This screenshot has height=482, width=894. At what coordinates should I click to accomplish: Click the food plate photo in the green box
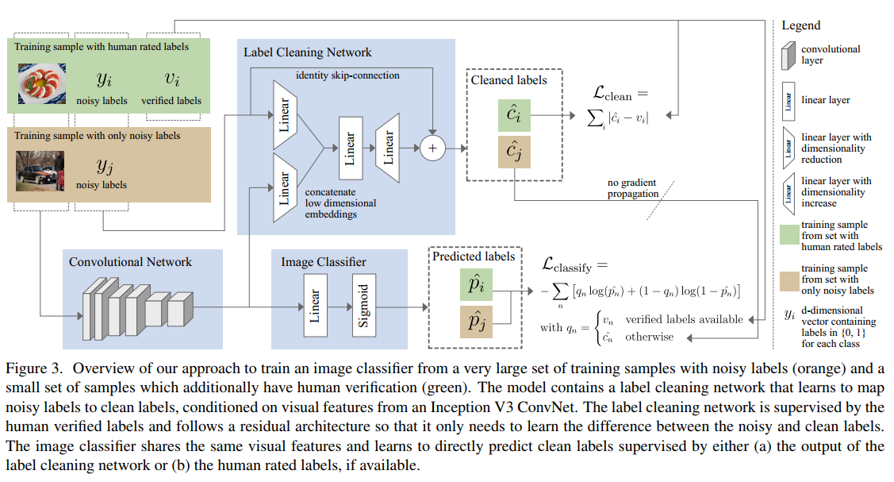coord(40,85)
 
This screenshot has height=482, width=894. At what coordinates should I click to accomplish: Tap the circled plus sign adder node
coord(432,148)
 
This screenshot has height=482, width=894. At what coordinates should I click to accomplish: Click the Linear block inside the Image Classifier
coord(314,303)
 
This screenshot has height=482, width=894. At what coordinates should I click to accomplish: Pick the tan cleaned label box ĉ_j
coord(513,152)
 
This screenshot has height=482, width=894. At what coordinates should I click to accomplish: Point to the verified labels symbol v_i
coord(171,79)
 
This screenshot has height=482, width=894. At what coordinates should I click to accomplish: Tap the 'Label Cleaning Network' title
coord(307,52)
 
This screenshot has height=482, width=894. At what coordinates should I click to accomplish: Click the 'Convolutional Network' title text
coord(130,261)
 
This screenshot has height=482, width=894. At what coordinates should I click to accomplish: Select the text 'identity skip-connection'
coord(347,75)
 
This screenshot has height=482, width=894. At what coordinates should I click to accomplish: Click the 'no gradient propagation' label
coord(633,187)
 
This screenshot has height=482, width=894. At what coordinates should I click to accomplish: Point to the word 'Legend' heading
coord(800,25)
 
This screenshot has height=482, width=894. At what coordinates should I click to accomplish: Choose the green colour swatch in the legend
coord(788,236)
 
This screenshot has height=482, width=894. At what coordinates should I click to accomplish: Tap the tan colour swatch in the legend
coord(788,280)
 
